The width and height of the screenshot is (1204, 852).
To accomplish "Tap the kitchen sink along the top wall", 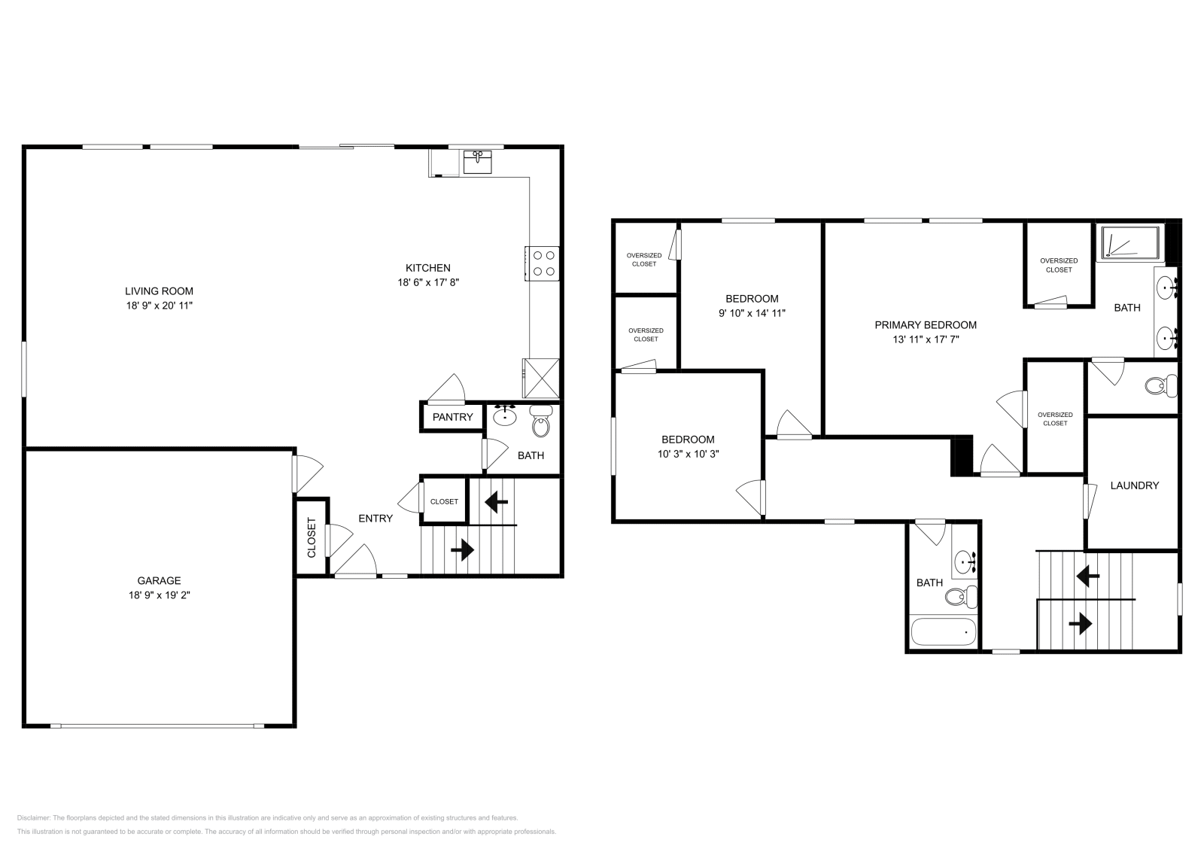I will point(477,162).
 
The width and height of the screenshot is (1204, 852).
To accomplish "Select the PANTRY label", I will point(452,417).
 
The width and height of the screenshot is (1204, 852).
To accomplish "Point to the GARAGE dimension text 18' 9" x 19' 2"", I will point(159,595).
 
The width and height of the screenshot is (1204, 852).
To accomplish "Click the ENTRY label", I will point(375,518).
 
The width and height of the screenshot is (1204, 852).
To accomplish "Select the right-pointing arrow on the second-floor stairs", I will point(1081,623).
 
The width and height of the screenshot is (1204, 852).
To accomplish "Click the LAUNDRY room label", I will point(1134,485).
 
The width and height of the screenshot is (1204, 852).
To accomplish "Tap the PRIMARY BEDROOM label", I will point(925,325).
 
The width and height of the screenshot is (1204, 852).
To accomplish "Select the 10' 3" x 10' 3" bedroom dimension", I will point(688,454).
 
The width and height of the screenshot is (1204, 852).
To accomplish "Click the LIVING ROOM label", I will point(159,291).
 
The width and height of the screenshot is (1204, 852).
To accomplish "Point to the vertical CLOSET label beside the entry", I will point(312,537).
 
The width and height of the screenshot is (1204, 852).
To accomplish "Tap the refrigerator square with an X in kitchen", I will point(541,378).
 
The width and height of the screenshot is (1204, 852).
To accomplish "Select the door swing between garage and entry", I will point(307,473).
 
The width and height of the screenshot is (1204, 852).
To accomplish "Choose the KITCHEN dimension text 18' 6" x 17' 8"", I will point(427,283).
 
